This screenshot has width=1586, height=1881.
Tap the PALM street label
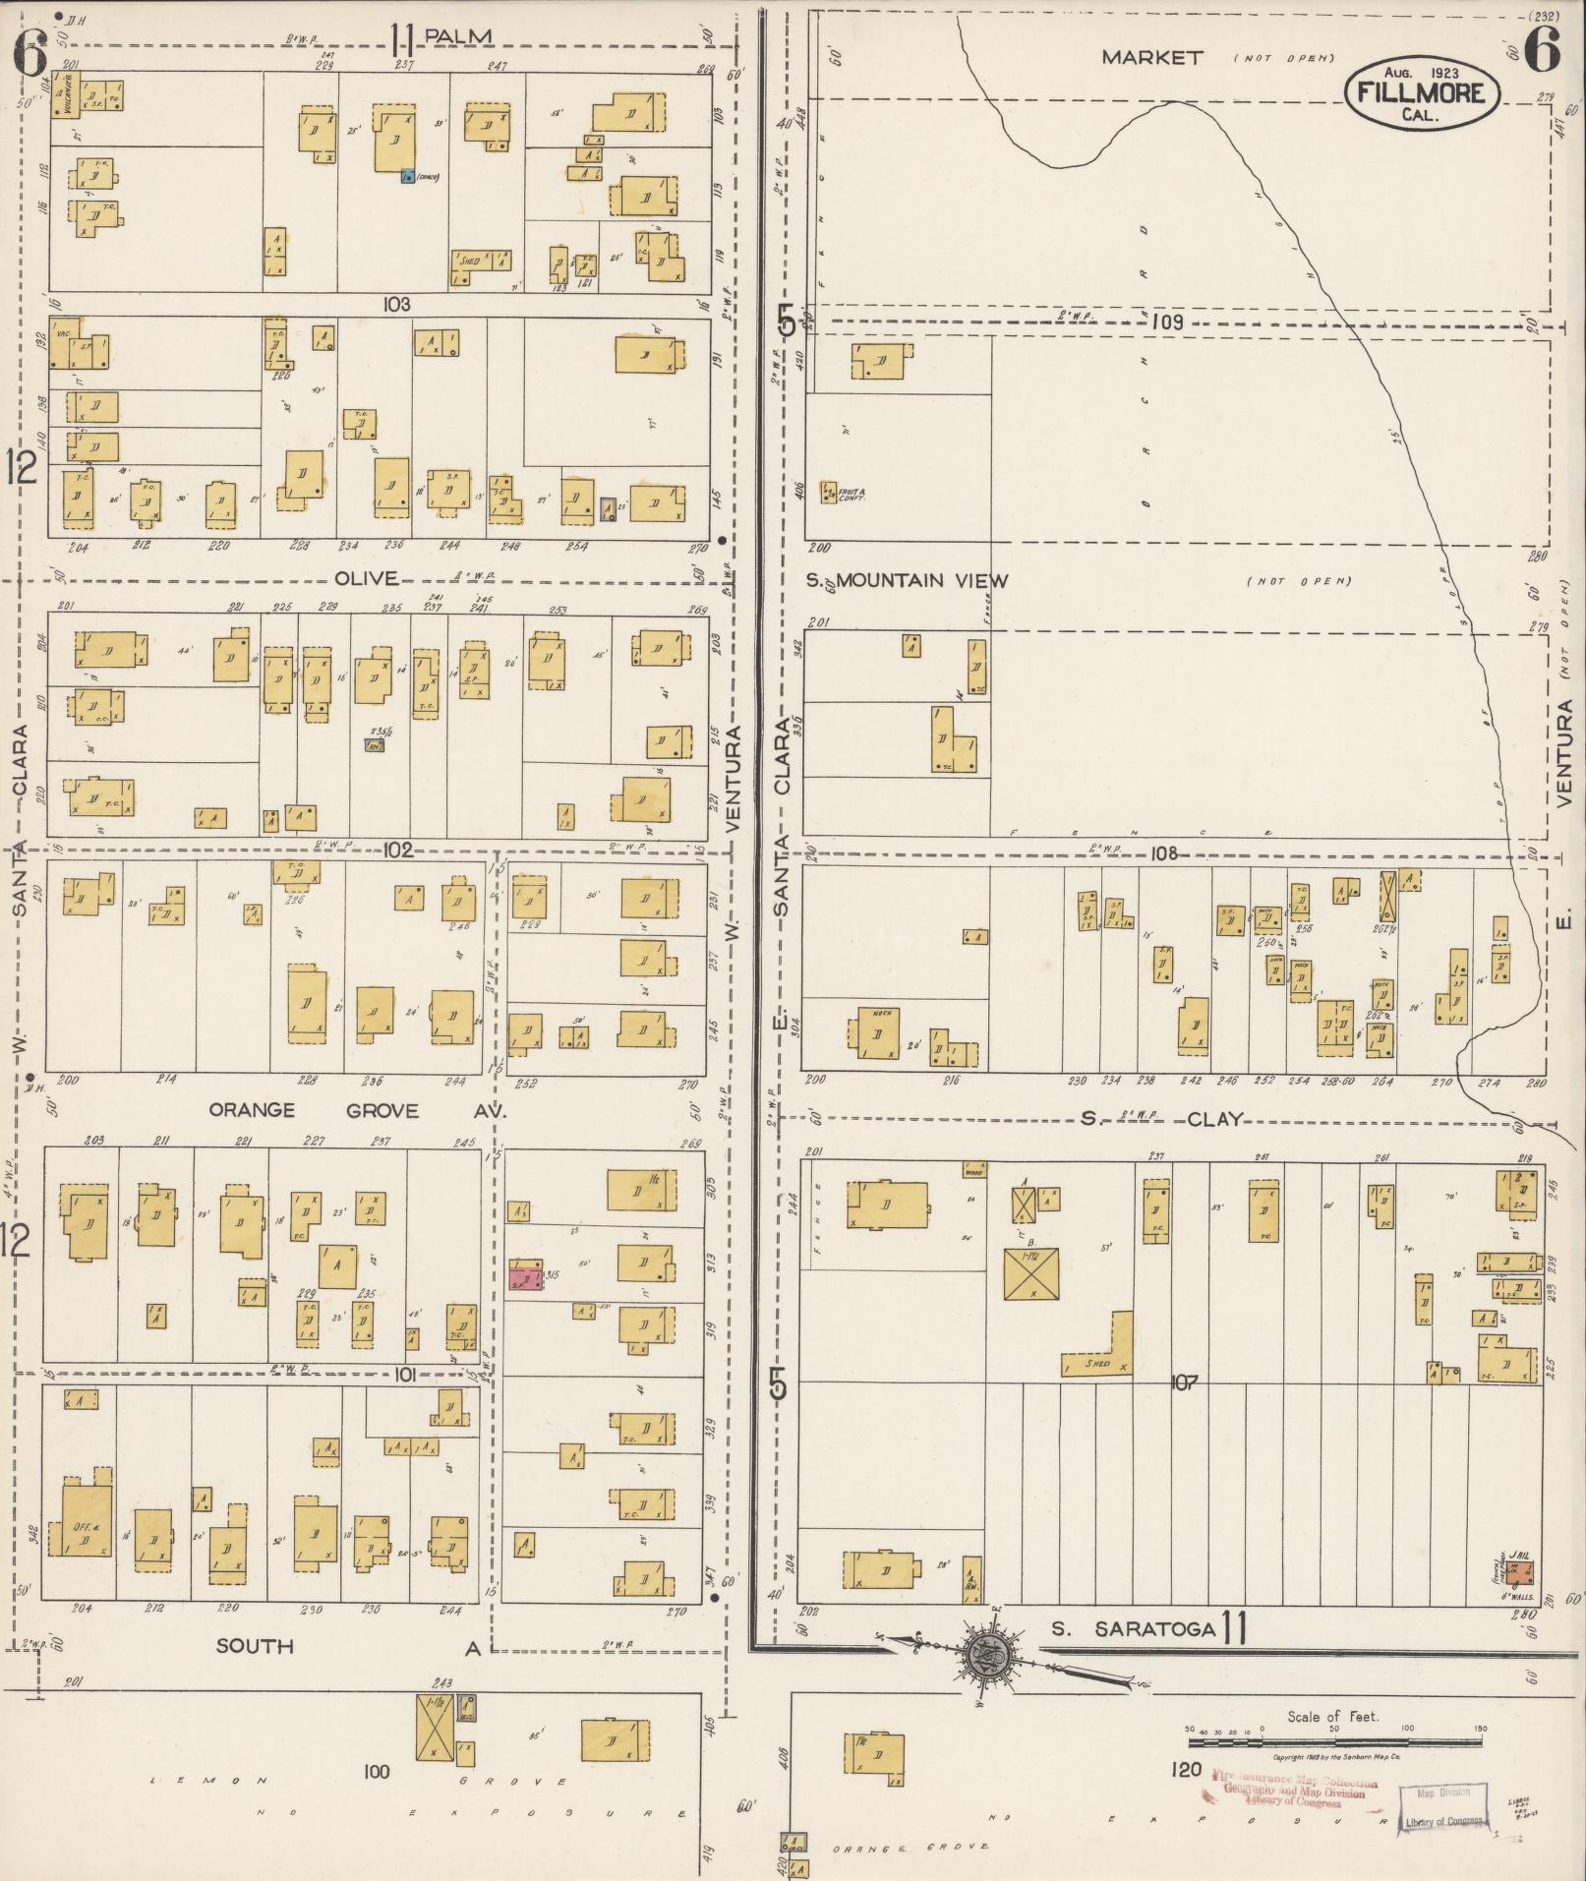pos(456,37)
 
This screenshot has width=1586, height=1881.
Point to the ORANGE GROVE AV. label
pos(357,1110)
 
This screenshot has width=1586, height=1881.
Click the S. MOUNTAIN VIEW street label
pos(906,580)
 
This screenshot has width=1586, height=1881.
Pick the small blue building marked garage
pos(406,177)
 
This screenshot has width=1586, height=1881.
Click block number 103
pos(397,305)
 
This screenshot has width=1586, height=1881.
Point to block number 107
pos(1185,1383)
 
